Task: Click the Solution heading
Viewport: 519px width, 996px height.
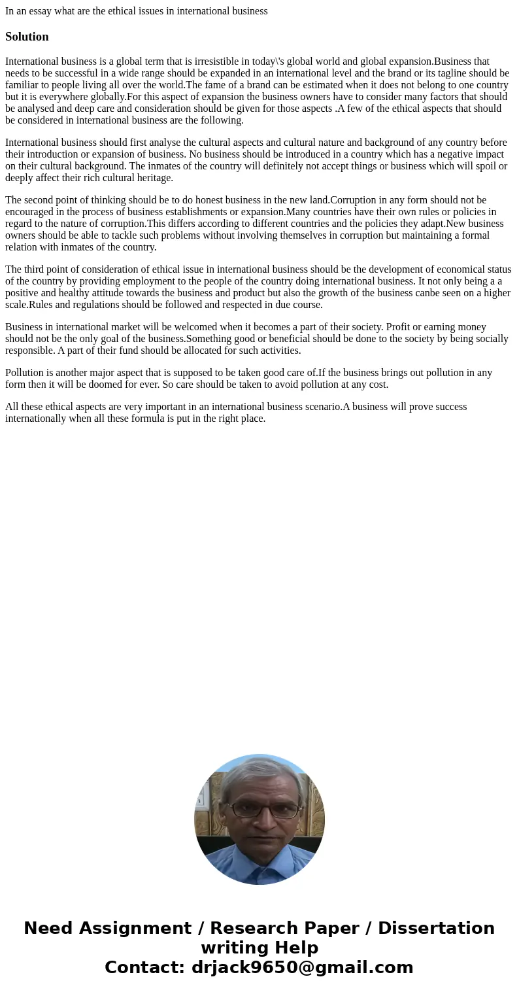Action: pyautogui.click(x=27, y=37)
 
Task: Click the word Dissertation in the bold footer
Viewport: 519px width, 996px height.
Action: pyautogui.click(x=436, y=929)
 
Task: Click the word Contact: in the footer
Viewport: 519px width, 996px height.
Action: pyautogui.click(x=145, y=968)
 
